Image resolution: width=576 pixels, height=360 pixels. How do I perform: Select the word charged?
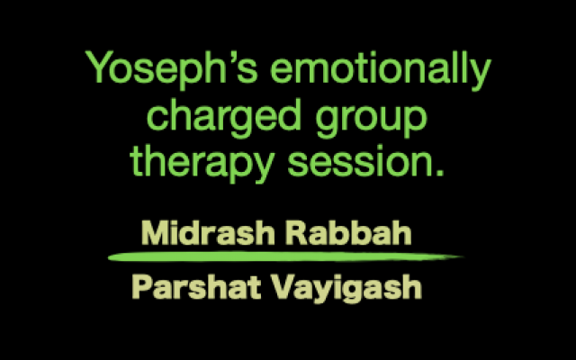(224, 117)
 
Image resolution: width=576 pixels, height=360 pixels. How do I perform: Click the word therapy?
(202, 163)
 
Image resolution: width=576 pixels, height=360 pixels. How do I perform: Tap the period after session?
(440, 172)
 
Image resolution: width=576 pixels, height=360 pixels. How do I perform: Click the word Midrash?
(208, 232)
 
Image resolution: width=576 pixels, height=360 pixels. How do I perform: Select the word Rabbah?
(348, 232)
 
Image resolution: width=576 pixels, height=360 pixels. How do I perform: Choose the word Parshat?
(196, 287)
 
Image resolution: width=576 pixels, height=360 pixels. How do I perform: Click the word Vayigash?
(346, 288)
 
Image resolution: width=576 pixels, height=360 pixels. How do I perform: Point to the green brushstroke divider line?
(286, 256)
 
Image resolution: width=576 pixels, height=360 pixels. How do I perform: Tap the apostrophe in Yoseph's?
(230, 57)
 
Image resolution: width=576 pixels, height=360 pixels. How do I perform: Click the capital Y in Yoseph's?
(97, 67)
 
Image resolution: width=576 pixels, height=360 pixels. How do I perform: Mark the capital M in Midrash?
(155, 232)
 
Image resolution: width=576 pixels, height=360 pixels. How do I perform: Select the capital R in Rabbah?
(297, 232)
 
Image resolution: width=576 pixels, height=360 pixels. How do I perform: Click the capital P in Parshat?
(142, 287)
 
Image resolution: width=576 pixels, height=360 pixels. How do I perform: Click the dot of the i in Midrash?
(175, 222)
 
